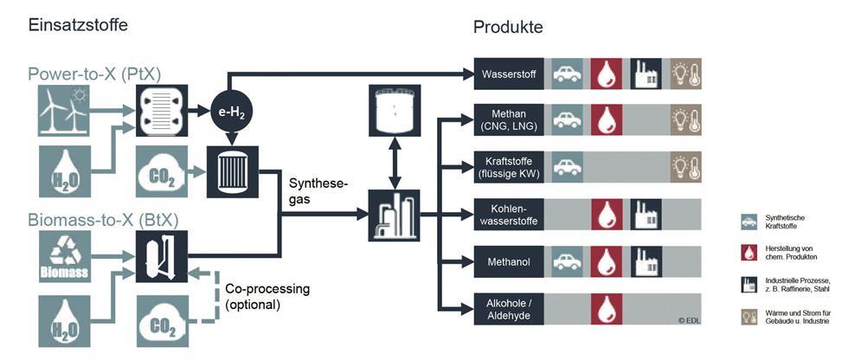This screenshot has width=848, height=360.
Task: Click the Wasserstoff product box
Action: (509, 74)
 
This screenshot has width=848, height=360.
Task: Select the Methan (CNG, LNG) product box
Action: (509, 119)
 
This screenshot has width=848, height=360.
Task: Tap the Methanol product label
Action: (509, 260)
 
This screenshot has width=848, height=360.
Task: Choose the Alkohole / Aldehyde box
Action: (509, 308)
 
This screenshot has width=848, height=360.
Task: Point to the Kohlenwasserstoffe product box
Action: (509, 214)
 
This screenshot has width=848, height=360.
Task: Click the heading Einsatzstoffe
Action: (78, 24)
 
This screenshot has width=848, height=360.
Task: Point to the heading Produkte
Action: (508, 27)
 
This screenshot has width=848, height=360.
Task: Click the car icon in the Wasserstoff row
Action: (567, 74)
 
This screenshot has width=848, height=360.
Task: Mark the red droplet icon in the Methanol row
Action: (607, 260)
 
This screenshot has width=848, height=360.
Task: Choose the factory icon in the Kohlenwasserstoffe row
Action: (646, 214)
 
